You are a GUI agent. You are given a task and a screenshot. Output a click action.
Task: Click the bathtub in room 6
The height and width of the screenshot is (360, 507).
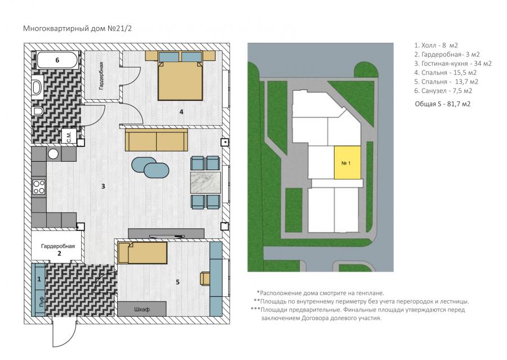point(57,60)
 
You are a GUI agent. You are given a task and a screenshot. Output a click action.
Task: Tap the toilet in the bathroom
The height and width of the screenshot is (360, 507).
point(38,111)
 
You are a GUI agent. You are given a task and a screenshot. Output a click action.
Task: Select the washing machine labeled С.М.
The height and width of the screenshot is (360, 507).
point(69,136)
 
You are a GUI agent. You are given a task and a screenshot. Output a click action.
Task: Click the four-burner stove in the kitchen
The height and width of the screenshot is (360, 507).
point(39,187)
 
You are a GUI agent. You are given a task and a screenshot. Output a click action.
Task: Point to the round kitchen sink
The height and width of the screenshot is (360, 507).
point(53,154)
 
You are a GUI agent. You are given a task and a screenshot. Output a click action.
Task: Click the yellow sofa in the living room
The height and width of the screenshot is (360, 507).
point(157,140)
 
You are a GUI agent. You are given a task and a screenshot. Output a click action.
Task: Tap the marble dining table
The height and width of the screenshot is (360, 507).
point(206,183)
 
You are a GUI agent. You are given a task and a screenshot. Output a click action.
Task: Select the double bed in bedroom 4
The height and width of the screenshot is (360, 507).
point(180,76)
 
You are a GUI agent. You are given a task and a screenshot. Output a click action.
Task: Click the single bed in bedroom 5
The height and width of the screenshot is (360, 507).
point(143,253)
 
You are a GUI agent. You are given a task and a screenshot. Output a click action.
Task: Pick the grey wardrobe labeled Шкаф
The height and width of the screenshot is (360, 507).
point(141,309)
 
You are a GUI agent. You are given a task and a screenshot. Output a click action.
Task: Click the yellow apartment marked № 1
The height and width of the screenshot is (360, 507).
point(347,163)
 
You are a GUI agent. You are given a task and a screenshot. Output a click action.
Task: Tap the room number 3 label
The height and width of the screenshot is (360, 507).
point(103,186)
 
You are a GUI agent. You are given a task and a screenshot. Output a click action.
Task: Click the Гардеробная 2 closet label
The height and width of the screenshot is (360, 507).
point(58,250)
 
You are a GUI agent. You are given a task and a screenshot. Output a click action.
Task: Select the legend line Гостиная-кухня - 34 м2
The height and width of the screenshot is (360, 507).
point(453,64)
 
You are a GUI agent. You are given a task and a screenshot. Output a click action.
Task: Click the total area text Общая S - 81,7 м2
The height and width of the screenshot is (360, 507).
point(442,104)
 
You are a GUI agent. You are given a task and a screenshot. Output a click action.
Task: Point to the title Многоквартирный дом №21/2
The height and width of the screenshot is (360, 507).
point(77,29)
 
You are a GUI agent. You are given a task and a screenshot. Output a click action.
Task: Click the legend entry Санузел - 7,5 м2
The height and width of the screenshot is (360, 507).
point(443,91)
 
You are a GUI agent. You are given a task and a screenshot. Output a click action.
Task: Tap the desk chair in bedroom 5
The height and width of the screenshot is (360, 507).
point(205,278)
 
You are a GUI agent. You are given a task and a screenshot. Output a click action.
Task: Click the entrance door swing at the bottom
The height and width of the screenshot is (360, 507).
point(64,335)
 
